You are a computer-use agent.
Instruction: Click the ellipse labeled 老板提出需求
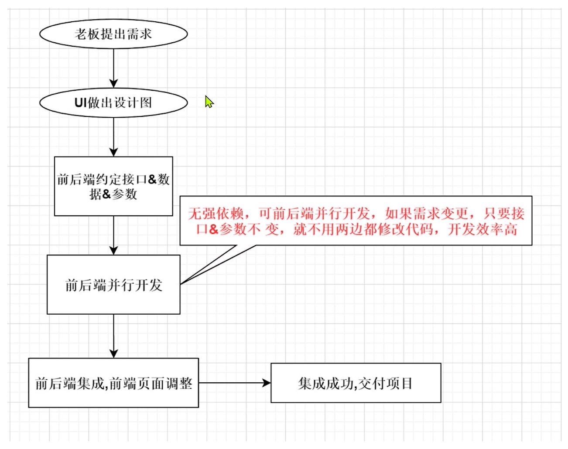coord(113,34)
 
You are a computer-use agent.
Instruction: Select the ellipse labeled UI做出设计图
coord(113,103)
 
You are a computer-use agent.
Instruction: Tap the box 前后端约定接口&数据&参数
coord(113,186)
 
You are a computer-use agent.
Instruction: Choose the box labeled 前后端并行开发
coord(113,285)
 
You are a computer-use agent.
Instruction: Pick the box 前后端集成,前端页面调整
coord(113,383)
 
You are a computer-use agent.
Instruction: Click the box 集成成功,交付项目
coord(356,383)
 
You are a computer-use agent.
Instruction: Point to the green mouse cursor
coord(209,102)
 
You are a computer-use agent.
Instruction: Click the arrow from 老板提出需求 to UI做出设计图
coord(113,68)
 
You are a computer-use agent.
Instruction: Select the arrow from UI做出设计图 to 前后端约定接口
coord(113,136)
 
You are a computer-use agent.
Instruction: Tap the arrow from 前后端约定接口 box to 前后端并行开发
coord(113,235)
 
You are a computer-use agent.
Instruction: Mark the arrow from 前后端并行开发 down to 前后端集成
coord(113,336)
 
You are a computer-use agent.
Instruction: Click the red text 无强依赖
coord(216,214)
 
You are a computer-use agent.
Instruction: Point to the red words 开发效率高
coord(482,229)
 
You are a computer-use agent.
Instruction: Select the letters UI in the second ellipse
coord(81,103)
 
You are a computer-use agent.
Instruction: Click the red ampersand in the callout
coord(214,230)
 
